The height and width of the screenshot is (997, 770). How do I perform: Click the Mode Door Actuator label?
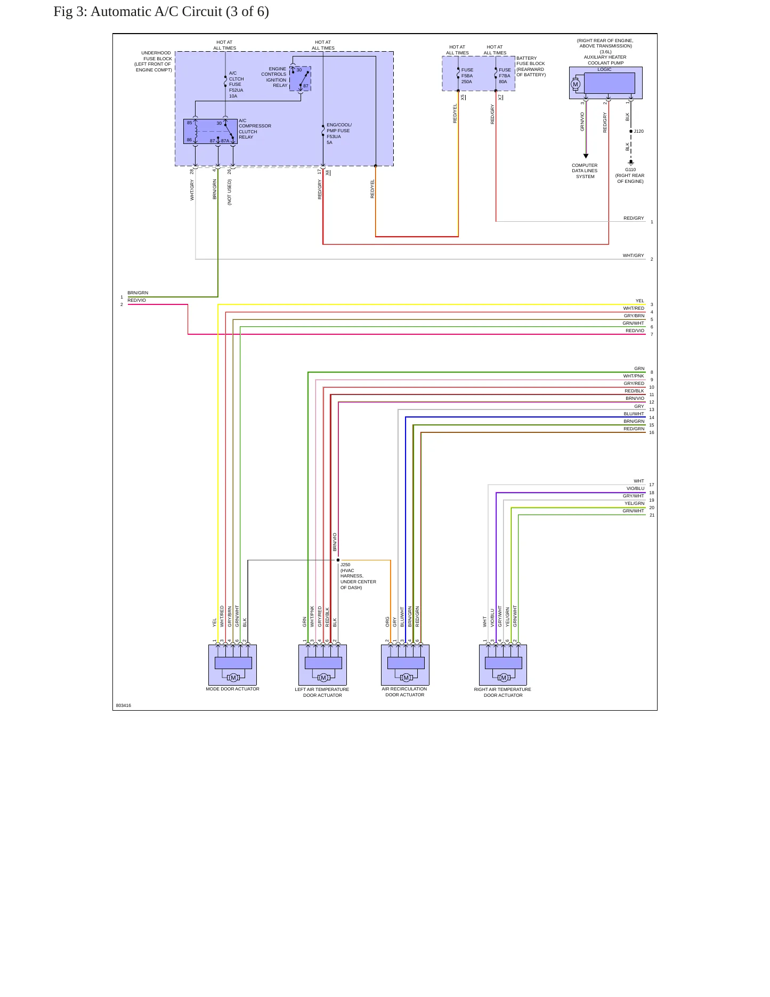click(x=232, y=689)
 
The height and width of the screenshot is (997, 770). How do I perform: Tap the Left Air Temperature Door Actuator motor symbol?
click(x=323, y=678)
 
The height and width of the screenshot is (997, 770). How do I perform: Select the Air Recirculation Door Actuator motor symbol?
click(x=406, y=678)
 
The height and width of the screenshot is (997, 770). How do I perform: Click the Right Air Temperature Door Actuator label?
click(x=502, y=692)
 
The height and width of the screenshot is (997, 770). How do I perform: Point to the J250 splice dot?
click(x=338, y=560)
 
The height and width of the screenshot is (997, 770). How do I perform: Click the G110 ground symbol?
click(x=631, y=162)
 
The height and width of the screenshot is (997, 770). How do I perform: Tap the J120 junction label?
click(x=638, y=131)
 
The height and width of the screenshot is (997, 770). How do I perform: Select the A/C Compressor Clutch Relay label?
click(x=255, y=129)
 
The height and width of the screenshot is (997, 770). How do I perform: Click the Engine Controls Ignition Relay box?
click(x=300, y=78)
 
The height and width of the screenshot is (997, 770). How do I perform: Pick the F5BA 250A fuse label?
click(x=467, y=76)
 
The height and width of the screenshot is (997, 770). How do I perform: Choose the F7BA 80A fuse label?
click(x=504, y=76)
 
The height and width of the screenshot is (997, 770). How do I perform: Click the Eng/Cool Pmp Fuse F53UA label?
click(x=339, y=133)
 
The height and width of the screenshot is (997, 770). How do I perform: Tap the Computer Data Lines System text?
click(x=585, y=171)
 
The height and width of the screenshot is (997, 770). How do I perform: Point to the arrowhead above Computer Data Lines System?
click(x=586, y=156)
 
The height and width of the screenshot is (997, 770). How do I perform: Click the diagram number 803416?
click(x=123, y=705)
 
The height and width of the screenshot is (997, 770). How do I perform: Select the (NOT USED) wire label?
click(x=230, y=192)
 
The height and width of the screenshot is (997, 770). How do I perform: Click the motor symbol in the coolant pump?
click(x=575, y=84)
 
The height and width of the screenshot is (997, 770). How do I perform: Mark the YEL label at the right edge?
click(x=639, y=301)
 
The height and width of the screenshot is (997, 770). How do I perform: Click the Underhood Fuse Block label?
click(x=154, y=61)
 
